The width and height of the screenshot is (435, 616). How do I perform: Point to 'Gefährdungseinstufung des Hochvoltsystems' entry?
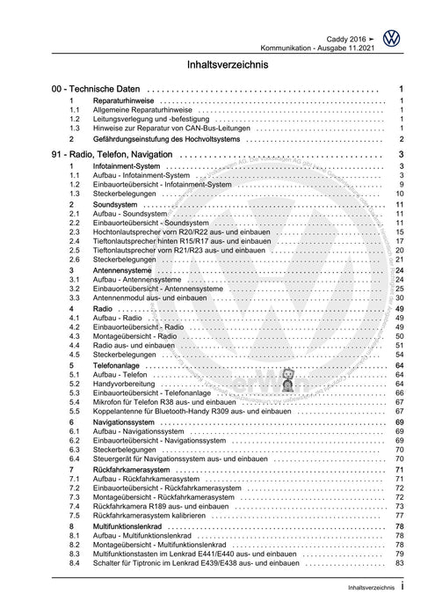pyautogui.click(x=167, y=139)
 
